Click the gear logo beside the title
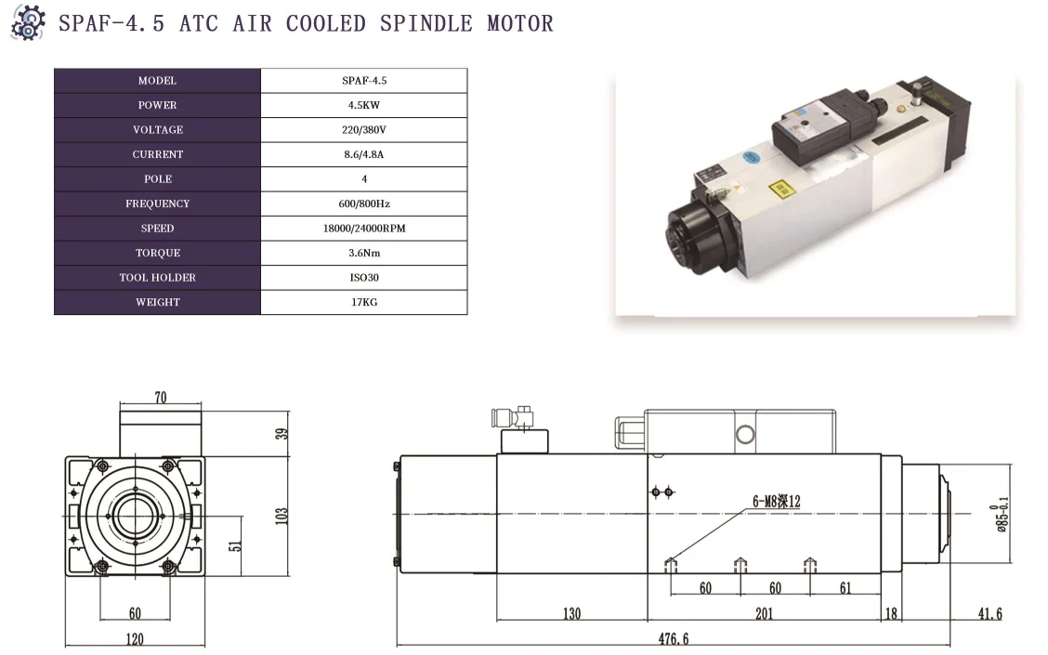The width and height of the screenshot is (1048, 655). [x=27, y=22]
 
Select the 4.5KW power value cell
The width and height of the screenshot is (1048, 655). [x=363, y=105]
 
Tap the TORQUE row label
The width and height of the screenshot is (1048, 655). [x=157, y=253]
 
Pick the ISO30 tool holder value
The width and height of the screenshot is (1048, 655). [x=363, y=277]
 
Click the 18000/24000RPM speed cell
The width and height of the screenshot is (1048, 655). [x=363, y=229]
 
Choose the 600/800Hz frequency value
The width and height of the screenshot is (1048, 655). [x=363, y=203]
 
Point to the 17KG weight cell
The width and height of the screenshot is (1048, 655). [x=363, y=302]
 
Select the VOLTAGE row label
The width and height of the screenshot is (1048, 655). [x=157, y=130]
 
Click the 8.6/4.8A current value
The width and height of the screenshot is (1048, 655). [x=363, y=154]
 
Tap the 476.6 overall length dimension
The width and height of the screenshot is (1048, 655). [x=674, y=638]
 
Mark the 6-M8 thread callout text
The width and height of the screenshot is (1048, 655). [x=776, y=502]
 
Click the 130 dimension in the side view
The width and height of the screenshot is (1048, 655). [x=571, y=613]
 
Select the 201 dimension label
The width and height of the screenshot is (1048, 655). [x=764, y=613]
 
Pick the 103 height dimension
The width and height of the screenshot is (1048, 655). [x=282, y=515]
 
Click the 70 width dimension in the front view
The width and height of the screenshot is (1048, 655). [x=161, y=398]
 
